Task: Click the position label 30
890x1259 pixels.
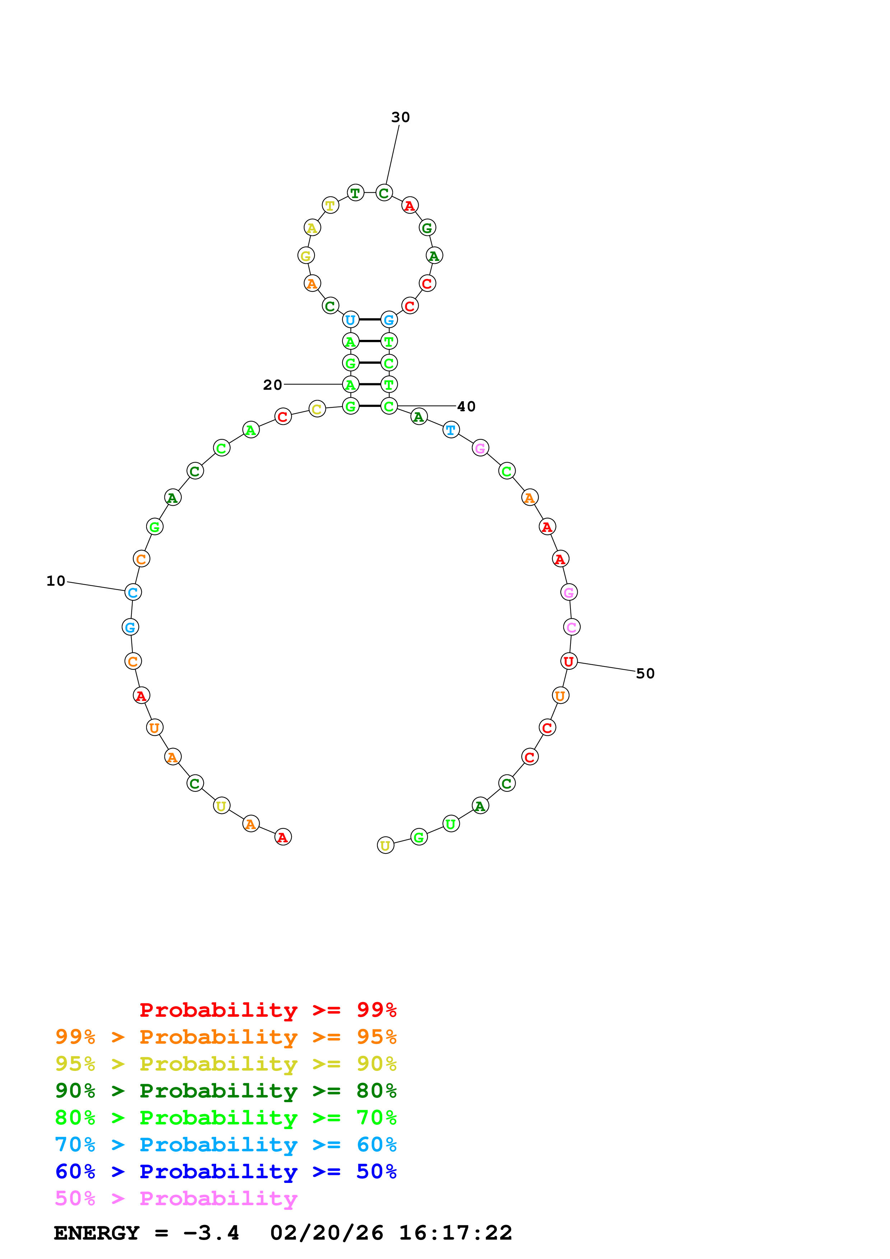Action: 400,117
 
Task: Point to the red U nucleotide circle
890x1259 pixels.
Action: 569,661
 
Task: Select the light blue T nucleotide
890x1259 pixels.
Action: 451,430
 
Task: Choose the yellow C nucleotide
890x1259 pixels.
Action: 317,409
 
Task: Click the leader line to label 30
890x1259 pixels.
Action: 393,155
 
